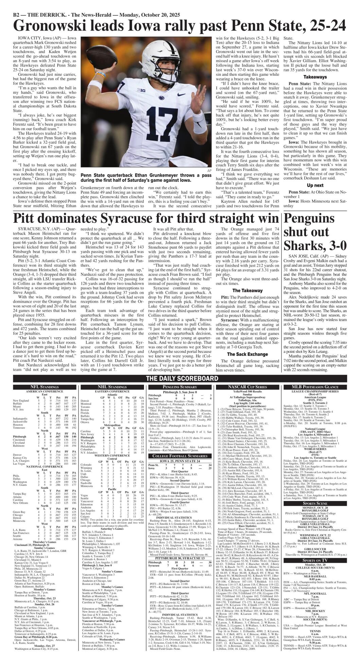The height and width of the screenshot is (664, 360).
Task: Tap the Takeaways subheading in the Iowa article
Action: (x=315, y=77)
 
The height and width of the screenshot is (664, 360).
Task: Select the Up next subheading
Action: (x=315, y=185)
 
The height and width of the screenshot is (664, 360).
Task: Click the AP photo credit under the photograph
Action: (x=209, y=170)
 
